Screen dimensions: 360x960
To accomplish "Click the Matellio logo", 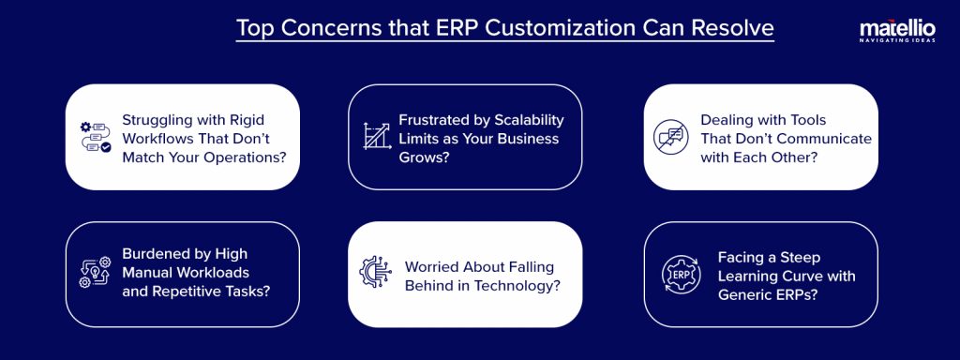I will point(895,31).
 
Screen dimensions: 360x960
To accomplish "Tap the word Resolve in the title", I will point(728,27).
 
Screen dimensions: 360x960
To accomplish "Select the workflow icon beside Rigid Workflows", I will point(95,137).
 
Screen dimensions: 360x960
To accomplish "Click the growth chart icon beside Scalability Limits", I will point(376,137).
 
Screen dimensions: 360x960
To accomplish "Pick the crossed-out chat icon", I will point(669,137).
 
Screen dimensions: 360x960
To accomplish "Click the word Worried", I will point(433,265).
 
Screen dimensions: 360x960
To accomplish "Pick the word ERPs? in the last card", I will point(799,295).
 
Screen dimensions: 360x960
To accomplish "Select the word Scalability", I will point(523,119).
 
